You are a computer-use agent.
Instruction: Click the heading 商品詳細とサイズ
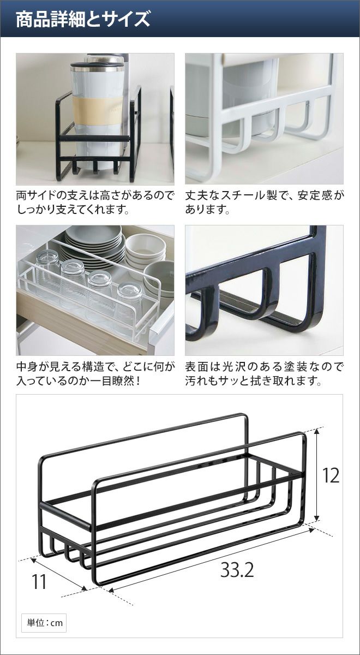(83, 19)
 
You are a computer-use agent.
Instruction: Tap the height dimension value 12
(331, 475)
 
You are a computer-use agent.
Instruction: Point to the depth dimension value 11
(39, 574)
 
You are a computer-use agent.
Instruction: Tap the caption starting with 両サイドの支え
(95, 203)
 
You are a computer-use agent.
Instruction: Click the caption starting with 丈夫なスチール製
(264, 203)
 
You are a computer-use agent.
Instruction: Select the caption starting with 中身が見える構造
(95, 374)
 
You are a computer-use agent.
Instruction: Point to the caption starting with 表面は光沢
(264, 374)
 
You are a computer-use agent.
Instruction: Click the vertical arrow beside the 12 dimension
(317, 475)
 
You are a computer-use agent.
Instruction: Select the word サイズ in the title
(124, 19)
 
